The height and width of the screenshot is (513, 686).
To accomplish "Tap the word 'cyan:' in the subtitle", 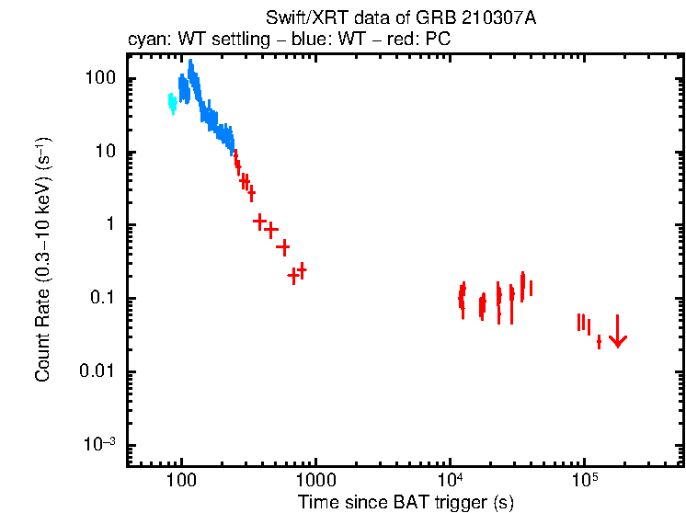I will pos(146,40).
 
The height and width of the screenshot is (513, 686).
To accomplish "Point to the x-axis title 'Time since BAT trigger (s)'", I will pos(405,502).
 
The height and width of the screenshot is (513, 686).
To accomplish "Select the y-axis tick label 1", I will pos(113,225).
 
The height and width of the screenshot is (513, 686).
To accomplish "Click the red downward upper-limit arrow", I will pos(618,332).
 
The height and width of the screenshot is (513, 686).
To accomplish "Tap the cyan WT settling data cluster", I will pos(172,102).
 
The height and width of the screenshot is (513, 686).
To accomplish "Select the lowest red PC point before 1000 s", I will pos(293,275).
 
